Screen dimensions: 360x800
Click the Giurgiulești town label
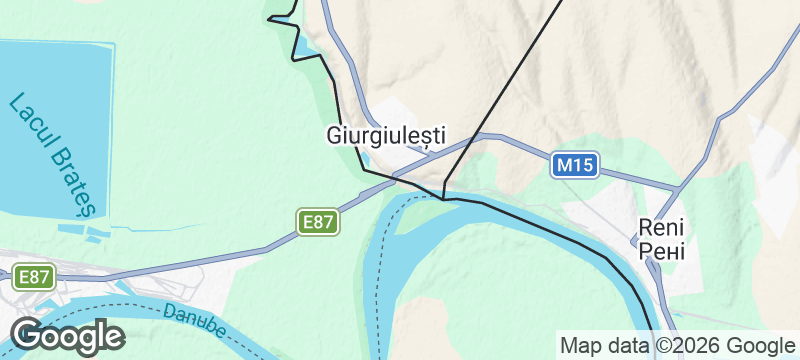click(386, 135)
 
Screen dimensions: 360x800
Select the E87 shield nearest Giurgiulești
click(318, 221)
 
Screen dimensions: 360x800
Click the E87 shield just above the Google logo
click(33, 277)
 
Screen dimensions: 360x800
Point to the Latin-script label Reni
click(661, 228)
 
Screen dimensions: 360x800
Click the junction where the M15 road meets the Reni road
click(677, 188)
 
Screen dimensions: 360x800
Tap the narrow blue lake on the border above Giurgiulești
click(301, 45)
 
